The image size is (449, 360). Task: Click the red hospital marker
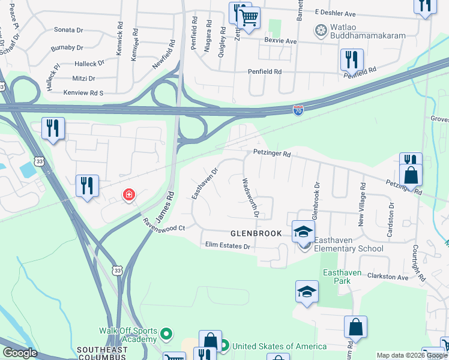[x=128, y=194]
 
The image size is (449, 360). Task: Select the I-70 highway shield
[x=298, y=110]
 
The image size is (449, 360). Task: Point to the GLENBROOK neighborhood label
[x=256, y=233]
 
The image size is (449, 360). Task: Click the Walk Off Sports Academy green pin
[x=167, y=333]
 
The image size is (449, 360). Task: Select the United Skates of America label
[x=279, y=346]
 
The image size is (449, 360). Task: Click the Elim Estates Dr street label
[x=227, y=245]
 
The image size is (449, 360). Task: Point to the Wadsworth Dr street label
[x=250, y=197]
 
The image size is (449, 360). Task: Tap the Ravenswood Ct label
[x=163, y=224]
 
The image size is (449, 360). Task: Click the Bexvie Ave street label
[x=281, y=41]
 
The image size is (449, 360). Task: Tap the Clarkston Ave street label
[x=387, y=277]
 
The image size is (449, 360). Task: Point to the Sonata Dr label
[x=68, y=29]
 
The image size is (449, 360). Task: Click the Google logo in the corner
[x=20, y=353]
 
